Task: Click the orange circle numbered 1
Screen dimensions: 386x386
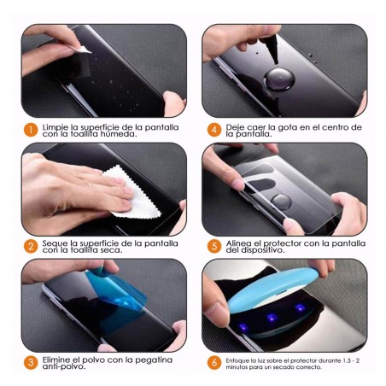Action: coord(30,131)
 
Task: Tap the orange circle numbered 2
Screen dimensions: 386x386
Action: coord(30,247)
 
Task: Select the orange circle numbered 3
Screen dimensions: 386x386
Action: coord(30,363)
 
